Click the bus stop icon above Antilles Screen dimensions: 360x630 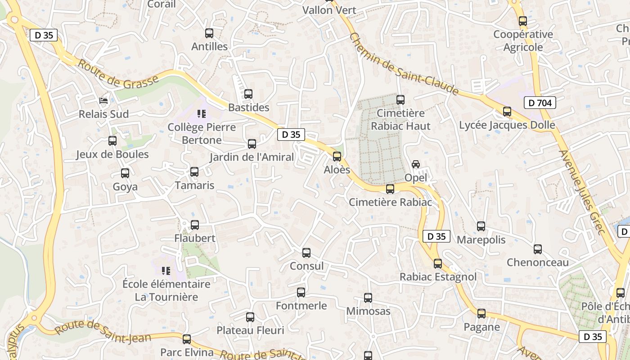pos(209,33)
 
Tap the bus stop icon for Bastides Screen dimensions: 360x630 pos(248,94)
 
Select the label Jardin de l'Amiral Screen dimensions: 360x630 pos(252,157)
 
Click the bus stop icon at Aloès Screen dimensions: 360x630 pos(337,157)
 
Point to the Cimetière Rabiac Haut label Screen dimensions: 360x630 pos(400,119)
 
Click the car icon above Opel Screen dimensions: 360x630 pos(416,164)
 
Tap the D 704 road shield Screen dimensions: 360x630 pos(540,103)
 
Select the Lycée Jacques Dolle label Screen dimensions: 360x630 pos(507,125)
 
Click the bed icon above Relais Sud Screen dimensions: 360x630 pos(104,100)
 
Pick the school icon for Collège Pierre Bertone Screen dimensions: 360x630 pos(201,114)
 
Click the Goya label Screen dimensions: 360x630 pos(125,187)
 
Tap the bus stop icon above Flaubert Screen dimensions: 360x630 pos(195,225)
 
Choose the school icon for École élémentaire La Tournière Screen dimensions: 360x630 pos(166,271)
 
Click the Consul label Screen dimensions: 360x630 pos(306,266)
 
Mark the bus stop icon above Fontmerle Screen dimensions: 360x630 pos(301,292)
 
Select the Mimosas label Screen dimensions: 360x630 pos(368,311)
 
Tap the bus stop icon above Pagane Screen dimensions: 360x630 pos(481,314)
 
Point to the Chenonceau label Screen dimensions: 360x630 pos(538,262)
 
